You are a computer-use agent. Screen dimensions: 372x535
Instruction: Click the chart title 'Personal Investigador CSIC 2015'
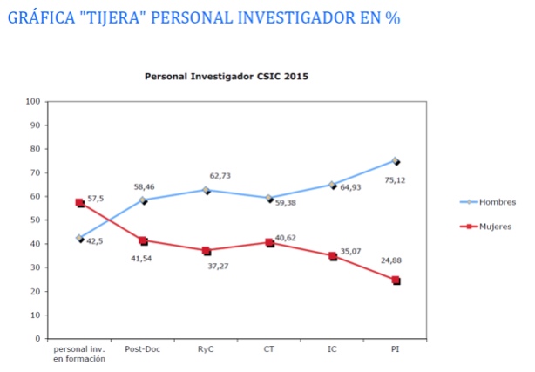point(226,77)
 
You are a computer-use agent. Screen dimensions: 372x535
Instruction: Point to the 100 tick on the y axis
point(35,101)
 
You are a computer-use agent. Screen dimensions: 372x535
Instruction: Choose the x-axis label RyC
point(206,349)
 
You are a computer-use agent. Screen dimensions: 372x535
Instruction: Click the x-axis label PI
point(396,349)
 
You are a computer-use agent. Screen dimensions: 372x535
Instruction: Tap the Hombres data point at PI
point(395,161)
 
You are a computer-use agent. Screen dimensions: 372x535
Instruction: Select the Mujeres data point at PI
point(395,281)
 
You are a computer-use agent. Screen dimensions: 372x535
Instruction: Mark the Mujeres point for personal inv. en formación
point(79,203)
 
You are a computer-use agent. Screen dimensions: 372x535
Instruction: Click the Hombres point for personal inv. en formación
point(79,238)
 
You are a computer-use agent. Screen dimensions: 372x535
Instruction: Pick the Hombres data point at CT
point(269,199)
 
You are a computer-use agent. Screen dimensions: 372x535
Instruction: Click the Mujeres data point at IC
point(332,256)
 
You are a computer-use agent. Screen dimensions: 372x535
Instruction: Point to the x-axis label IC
point(332,349)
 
